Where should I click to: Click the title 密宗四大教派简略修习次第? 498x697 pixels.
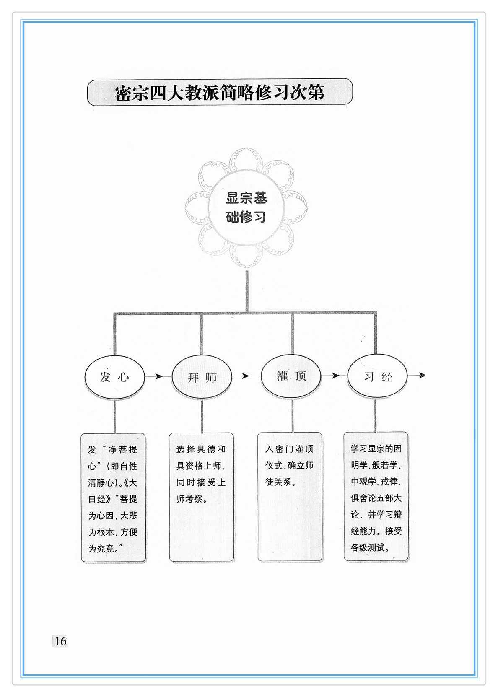pyautogui.click(x=220, y=93)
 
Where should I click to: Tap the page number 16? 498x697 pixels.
pyautogui.click(x=60, y=641)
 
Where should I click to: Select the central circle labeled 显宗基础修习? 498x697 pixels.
pyautogui.click(x=246, y=207)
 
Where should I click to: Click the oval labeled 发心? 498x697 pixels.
pyautogui.click(x=114, y=377)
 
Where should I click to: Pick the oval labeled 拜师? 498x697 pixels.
pyautogui.click(x=202, y=377)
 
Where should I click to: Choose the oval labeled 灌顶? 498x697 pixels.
pyautogui.click(x=291, y=376)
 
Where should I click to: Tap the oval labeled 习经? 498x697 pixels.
pyautogui.click(x=377, y=376)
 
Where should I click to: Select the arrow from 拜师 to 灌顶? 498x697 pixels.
pyautogui.click(x=245, y=376)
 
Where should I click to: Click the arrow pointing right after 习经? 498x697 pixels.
pyautogui.click(x=417, y=375)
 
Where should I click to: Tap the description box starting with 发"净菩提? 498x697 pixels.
pyautogui.click(x=113, y=497)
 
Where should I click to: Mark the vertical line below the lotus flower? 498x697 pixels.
pyautogui.click(x=246, y=291)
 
